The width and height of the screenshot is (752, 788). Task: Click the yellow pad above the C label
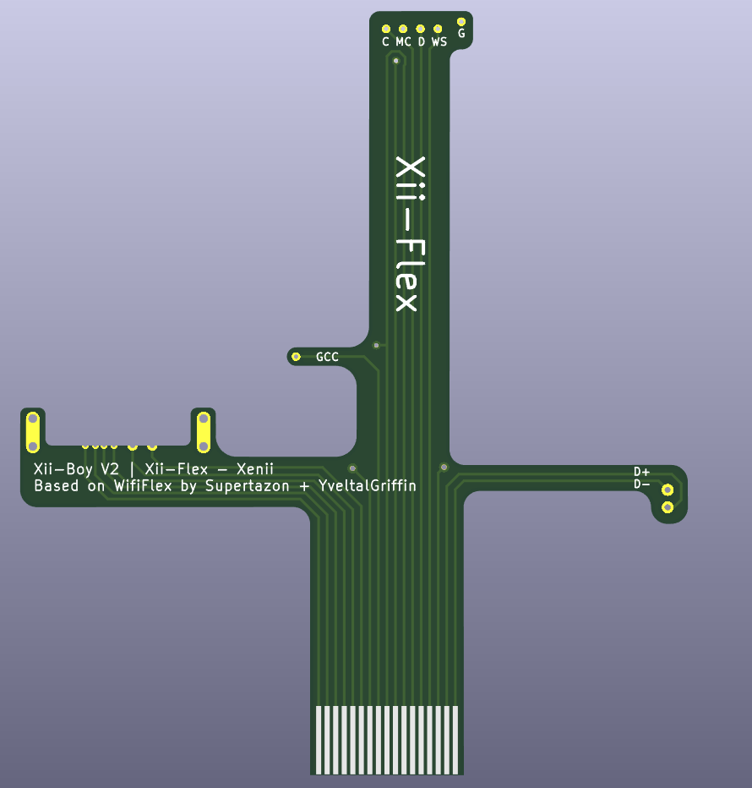click(x=386, y=29)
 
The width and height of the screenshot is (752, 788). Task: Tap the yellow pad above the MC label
click(x=403, y=29)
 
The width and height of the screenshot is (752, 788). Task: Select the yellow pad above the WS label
click(x=438, y=29)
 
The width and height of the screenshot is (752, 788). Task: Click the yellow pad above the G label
click(x=461, y=22)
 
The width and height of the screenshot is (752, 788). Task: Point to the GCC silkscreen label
click(x=327, y=357)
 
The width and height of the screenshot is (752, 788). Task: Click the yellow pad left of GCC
click(x=296, y=357)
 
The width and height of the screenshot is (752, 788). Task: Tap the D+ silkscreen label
click(x=641, y=472)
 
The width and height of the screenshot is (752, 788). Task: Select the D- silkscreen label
click(x=641, y=484)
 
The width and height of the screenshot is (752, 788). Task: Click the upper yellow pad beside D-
click(x=668, y=490)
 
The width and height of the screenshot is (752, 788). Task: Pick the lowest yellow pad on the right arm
click(x=668, y=507)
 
